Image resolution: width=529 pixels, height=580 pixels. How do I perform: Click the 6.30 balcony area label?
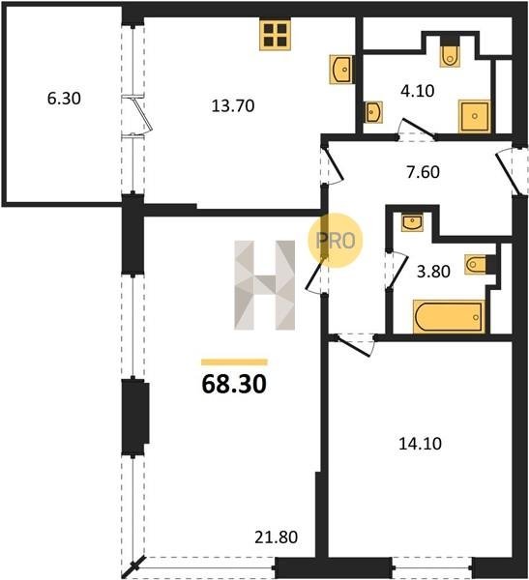(64, 99)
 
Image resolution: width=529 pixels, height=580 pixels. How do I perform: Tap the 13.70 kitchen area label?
(233, 106)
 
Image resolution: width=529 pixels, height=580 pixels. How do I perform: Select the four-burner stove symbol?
(275, 35)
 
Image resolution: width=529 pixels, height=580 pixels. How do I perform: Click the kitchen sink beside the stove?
(341, 70)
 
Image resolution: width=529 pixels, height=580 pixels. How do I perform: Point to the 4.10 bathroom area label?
(417, 91)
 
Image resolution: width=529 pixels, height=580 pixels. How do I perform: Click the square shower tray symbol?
(475, 116)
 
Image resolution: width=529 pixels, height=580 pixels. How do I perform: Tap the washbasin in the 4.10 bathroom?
(373, 112)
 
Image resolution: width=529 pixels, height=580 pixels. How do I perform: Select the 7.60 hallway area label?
(424, 172)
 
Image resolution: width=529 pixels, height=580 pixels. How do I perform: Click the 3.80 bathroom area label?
(433, 272)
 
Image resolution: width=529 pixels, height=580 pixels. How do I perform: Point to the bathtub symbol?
(449, 317)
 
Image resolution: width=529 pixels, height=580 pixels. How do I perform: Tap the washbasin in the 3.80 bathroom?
(412, 222)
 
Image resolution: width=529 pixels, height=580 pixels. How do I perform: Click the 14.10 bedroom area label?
(420, 443)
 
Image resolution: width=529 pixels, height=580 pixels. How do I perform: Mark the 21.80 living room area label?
(277, 537)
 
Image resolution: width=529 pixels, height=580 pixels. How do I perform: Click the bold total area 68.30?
(234, 384)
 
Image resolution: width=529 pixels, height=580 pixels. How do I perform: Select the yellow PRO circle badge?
(336, 241)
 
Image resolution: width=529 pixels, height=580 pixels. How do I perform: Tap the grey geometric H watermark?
(265, 285)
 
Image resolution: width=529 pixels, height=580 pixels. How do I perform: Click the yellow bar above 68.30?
(234, 362)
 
